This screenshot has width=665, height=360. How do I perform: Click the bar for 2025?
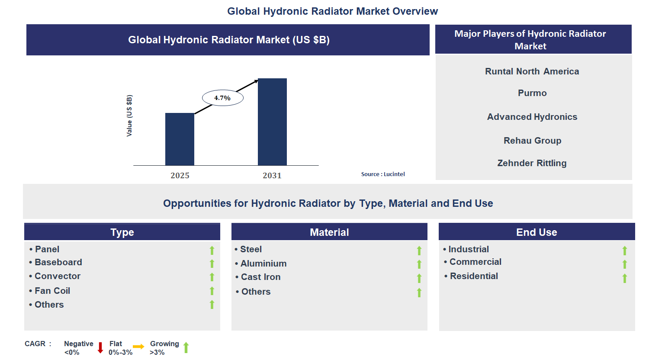180,139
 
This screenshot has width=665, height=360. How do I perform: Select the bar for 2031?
272,122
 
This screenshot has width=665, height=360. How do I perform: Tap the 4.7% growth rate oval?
222,98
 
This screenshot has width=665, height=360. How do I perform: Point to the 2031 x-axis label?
272,176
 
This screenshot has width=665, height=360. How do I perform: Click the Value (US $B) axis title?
129,116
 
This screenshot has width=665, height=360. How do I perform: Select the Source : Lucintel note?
383,174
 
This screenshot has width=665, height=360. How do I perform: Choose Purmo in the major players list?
532,93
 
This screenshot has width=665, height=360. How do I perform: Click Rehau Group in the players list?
532,141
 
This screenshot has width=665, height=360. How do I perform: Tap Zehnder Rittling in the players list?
532,163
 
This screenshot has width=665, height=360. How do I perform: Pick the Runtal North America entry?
532,71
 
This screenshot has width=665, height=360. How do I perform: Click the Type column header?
122,232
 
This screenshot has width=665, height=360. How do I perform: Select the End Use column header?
536,232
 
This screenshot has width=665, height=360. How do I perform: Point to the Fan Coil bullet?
52,291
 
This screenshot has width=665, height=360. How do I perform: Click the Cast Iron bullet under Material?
260,277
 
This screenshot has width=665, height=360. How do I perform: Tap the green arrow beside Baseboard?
212,264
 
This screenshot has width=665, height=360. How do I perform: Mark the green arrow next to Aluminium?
419,264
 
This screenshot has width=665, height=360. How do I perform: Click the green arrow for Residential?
625,278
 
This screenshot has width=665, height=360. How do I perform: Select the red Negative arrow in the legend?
100,347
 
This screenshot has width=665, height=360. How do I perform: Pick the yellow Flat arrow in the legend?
138,347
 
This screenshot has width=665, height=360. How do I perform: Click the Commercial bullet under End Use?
475,262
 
